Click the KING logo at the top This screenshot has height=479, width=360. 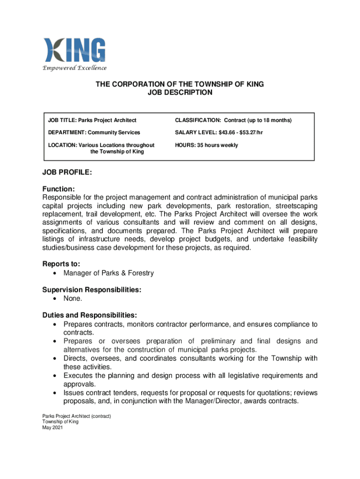pyautogui.click(x=74, y=50)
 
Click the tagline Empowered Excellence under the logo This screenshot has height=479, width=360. pyautogui.click(x=74, y=68)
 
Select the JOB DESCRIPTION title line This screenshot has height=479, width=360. pyautogui.click(x=180, y=93)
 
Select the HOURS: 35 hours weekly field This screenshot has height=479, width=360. pyautogui.click(x=206, y=145)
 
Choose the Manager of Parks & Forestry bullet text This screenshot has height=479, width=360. pyautogui.click(x=108, y=273)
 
